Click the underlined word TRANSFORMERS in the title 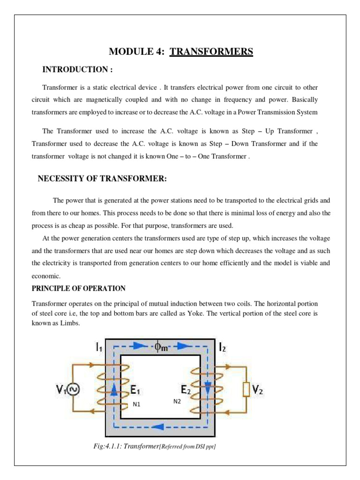(x=211, y=51)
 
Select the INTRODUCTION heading (x=77, y=69)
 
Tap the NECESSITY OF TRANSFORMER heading (x=102, y=179)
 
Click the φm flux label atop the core (x=161, y=347)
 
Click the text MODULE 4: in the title (x=137, y=51)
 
